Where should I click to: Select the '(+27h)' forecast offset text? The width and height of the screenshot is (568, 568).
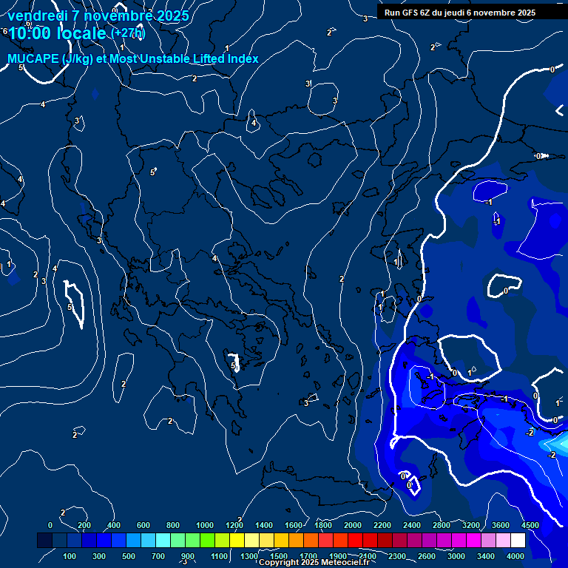(128, 33)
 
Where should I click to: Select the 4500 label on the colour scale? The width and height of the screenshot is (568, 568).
(530, 525)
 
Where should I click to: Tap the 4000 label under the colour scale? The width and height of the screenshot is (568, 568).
(515, 556)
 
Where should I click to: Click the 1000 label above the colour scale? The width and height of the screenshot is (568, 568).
(205, 525)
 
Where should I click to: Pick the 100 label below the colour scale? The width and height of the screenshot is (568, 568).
(70, 556)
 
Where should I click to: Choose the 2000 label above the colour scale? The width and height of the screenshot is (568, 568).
(353, 525)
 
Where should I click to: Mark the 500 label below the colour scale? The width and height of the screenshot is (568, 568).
(129, 556)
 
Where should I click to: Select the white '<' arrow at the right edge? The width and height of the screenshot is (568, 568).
(560, 111)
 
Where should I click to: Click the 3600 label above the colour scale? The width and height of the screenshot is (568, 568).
(501, 525)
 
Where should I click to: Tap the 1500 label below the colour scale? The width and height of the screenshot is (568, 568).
(279, 556)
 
